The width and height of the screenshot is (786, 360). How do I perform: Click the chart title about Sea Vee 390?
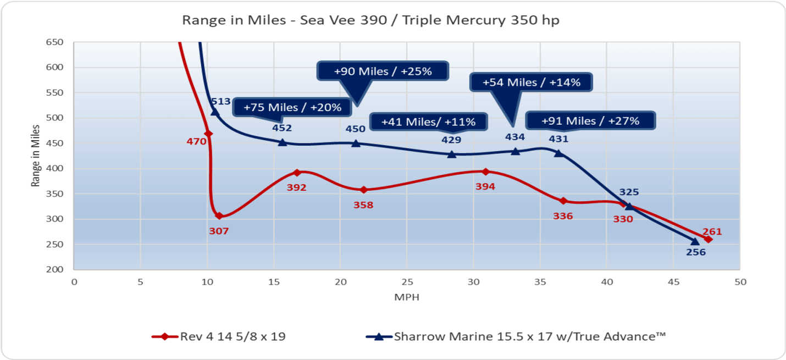point(370,20)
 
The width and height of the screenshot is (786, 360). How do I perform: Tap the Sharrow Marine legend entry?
point(516,336)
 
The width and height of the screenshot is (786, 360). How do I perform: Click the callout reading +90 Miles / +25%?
point(383,71)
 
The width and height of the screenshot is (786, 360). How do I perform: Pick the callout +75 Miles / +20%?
point(292,107)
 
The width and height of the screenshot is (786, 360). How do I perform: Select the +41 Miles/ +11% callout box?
point(429,121)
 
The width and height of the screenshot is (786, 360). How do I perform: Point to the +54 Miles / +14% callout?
point(531,82)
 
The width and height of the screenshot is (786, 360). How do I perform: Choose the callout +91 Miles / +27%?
point(590,120)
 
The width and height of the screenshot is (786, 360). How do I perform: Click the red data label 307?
point(218,231)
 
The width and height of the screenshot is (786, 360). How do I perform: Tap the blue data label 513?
point(220,102)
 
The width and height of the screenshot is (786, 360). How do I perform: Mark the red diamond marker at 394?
point(485,171)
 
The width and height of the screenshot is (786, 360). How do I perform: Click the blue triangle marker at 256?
point(695,241)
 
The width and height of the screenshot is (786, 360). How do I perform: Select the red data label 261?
point(712,231)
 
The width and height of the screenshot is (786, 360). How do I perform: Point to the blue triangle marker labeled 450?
point(356,143)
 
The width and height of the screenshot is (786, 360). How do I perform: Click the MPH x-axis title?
point(406,297)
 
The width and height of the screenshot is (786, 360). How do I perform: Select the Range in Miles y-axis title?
point(36,156)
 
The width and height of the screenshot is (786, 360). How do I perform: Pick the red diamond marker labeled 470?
point(208,134)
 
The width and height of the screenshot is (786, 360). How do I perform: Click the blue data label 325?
point(629,192)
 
